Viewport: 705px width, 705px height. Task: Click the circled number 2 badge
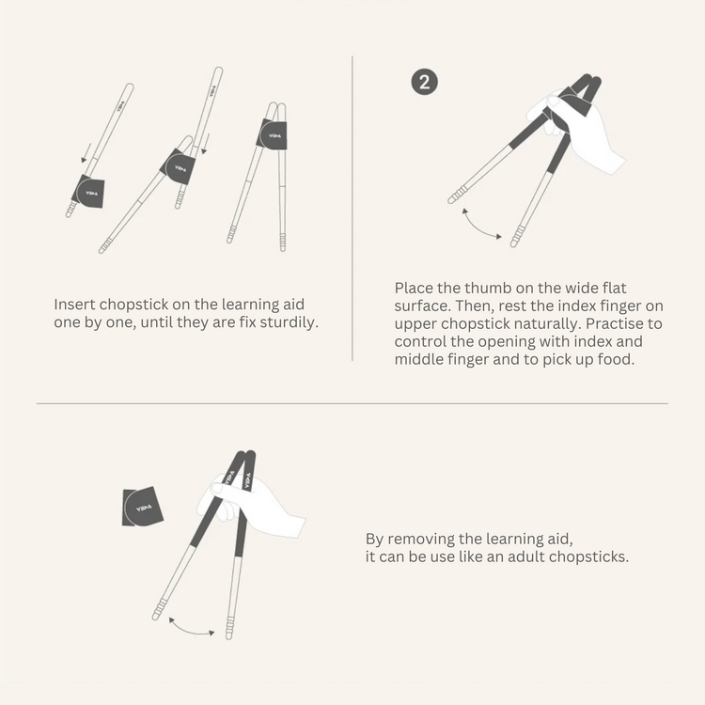pyautogui.click(x=425, y=83)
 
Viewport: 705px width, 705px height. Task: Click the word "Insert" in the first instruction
pyautogui.click(x=74, y=305)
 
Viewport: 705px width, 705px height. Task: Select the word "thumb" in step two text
pyautogui.click(x=488, y=288)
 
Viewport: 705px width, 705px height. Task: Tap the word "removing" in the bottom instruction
pyautogui.click(x=444, y=539)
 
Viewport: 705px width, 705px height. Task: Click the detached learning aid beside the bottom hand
pyautogui.click(x=142, y=507)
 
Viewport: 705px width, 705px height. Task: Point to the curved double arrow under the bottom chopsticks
pyautogui.click(x=191, y=630)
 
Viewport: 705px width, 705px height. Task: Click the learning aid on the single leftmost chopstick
pyautogui.click(x=88, y=192)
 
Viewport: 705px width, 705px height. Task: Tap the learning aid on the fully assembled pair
pyautogui.click(x=272, y=134)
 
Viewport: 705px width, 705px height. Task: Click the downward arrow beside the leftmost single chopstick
pyautogui.click(x=86, y=153)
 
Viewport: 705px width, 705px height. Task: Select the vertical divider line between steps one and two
pyautogui.click(x=352, y=208)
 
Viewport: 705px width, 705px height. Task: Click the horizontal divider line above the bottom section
pyautogui.click(x=352, y=404)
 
